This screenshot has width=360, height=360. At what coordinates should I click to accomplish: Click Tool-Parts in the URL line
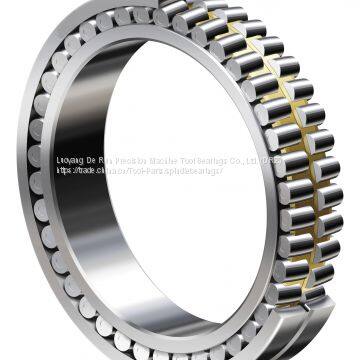click(151, 171)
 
